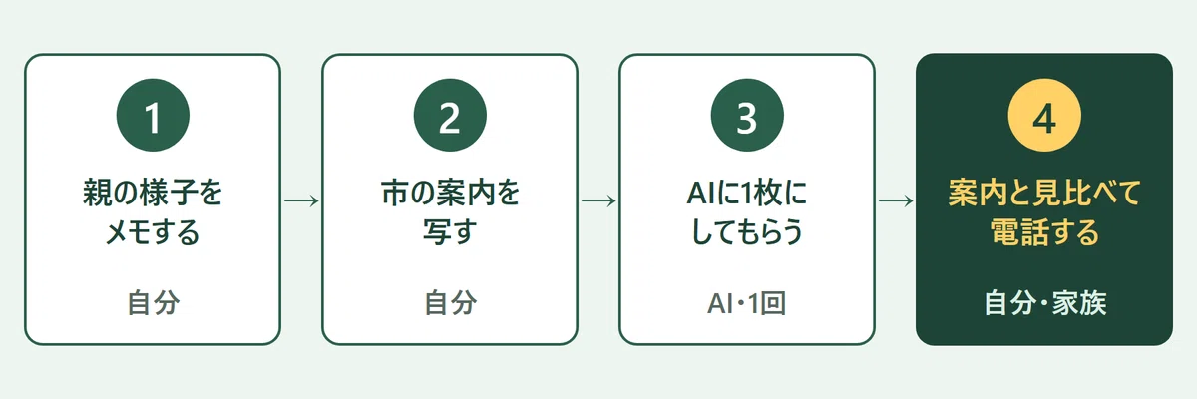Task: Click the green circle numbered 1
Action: pyautogui.click(x=153, y=116)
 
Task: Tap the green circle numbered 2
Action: pyautogui.click(x=450, y=116)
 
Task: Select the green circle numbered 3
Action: pyautogui.click(x=747, y=116)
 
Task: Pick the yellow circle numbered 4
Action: pyautogui.click(x=1044, y=116)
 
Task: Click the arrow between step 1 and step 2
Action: pyautogui.click(x=301, y=200)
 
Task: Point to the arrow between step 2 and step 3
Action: pyautogui.click(x=598, y=200)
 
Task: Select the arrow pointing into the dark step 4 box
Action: pyautogui.click(x=896, y=200)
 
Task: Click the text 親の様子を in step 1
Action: pyautogui.click(x=153, y=193)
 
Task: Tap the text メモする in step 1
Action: pyautogui.click(x=153, y=232)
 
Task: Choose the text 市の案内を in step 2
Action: pyautogui.click(x=450, y=193)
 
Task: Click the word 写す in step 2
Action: pyautogui.click(x=450, y=232)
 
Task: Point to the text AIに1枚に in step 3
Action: pyautogui.click(x=747, y=193)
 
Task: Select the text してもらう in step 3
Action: pyautogui.click(x=747, y=232)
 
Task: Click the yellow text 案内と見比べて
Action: pyautogui.click(x=1044, y=193)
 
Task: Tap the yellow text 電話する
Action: pyautogui.click(x=1044, y=232)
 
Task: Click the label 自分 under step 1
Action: pyautogui.click(x=154, y=303)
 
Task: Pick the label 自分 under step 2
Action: pyautogui.click(x=451, y=303)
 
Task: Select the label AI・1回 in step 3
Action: pyautogui.click(x=746, y=303)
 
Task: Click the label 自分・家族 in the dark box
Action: pyautogui.click(x=1045, y=303)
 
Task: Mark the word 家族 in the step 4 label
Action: pyautogui.click(x=1079, y=303)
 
